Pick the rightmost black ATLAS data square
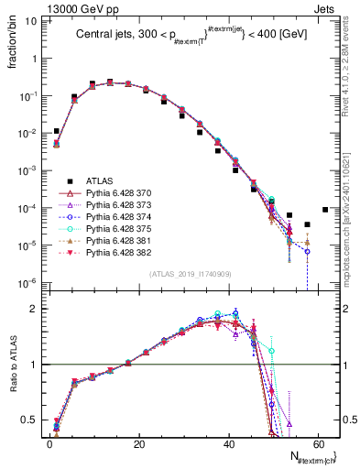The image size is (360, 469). pos(326,210)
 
